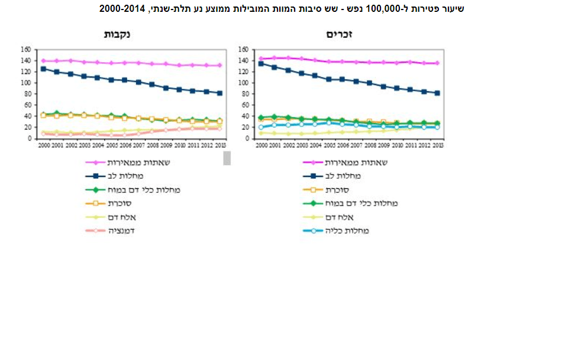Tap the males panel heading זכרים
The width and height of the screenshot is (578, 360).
340,34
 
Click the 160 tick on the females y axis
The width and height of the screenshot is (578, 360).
25,49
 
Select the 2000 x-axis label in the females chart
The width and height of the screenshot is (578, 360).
43,145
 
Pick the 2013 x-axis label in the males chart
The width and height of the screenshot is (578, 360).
437,145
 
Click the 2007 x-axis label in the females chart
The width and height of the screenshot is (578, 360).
138,145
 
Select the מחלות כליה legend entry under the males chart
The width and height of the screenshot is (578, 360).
348,230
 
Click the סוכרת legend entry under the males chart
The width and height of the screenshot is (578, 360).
338,189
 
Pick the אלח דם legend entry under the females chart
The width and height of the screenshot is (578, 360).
125,217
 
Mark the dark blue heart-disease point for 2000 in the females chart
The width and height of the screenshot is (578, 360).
43,69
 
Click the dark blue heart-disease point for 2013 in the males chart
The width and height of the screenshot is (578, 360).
437,93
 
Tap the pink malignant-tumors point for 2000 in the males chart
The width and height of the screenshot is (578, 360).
261,59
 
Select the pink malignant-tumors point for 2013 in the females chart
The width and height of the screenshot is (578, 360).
219,65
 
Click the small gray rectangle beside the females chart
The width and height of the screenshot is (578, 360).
227,158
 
